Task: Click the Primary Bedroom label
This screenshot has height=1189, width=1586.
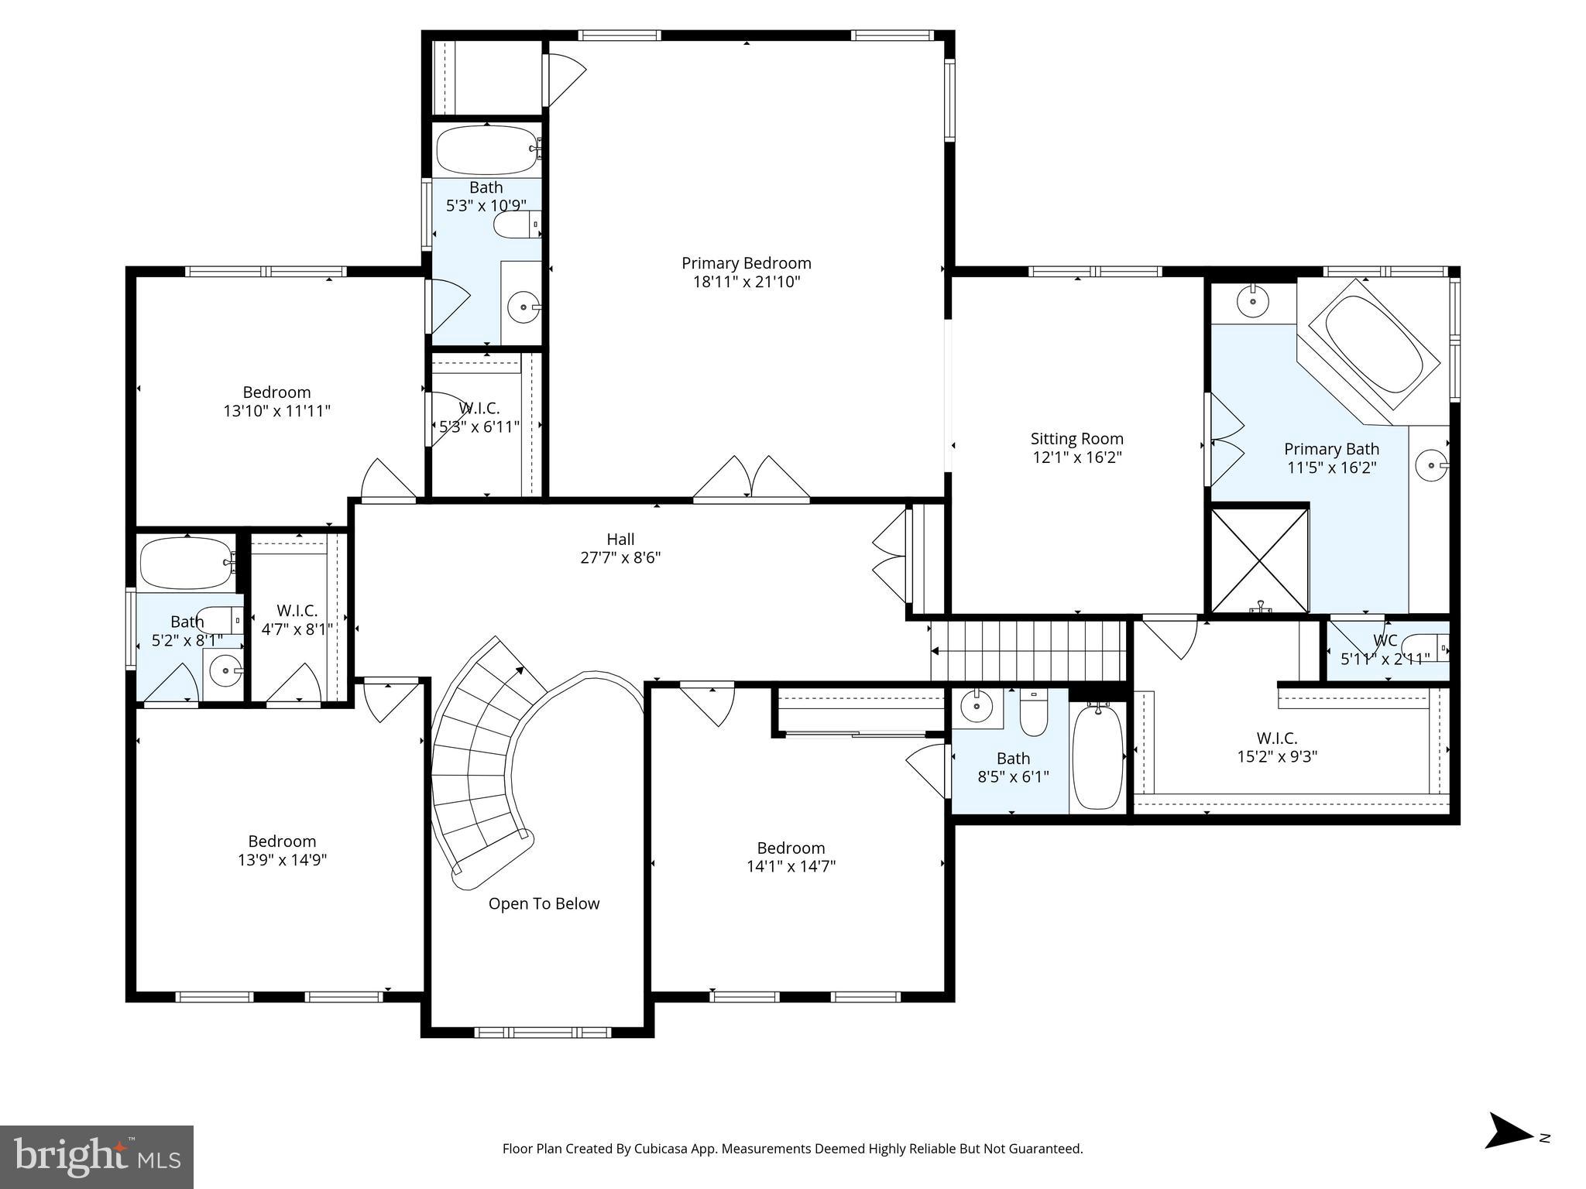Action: [746, 263]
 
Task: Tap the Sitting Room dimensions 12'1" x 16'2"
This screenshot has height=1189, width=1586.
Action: [1076, 457]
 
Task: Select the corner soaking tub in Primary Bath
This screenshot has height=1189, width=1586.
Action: [1374, 353]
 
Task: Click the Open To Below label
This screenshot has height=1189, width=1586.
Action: [544, 903]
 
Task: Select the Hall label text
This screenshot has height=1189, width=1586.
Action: [620, 539]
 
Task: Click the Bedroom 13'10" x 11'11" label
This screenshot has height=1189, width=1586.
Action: [276, 401]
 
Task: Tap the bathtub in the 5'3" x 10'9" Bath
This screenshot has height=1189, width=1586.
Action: [486, 149]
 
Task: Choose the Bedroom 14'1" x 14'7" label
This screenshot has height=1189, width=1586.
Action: [791, 857]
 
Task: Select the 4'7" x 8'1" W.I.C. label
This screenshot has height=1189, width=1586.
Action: [297, 620]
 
